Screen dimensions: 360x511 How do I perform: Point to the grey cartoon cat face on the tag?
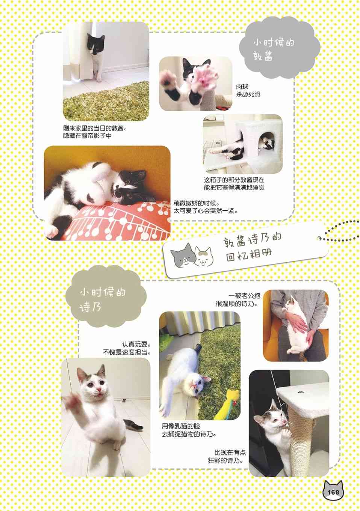(x=183, y=255)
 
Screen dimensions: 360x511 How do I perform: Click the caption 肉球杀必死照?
(x=248, y=91)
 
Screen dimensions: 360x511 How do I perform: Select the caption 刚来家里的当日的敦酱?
(x=95, y=129)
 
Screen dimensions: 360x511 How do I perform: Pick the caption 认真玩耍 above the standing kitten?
(x=136, y=344)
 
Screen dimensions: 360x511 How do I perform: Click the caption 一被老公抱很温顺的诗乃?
(x=238, y=300)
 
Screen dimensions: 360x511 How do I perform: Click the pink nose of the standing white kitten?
(x=98, y=389)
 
